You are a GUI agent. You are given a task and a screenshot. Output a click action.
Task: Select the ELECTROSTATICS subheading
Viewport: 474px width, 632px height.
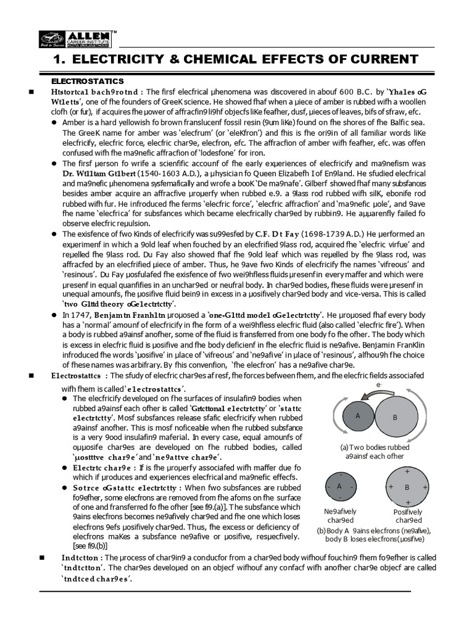click(x=87, y=81)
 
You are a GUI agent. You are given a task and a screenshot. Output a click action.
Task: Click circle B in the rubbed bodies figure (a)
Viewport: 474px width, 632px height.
click(x=395, y=417)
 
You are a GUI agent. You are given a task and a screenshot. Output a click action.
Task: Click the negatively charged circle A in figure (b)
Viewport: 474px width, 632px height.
click(x=339, y=487)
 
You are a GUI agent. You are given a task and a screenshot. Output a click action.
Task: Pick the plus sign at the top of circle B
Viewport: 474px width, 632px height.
click(x=407, y=472)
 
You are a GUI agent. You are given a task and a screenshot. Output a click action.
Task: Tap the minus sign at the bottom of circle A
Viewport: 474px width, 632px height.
click(x=339, y=501)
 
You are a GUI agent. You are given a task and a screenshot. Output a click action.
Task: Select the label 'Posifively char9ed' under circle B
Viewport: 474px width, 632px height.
click(x=407, y=516)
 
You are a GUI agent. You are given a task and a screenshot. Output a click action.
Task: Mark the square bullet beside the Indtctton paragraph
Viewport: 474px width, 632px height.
click(x=41, y=557)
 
